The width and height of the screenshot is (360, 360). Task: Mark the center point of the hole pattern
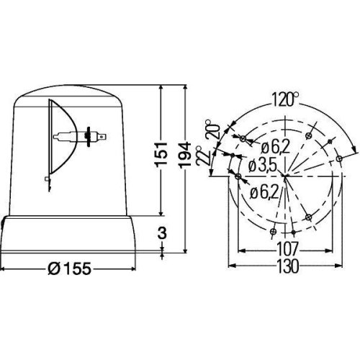coord(286,175)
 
